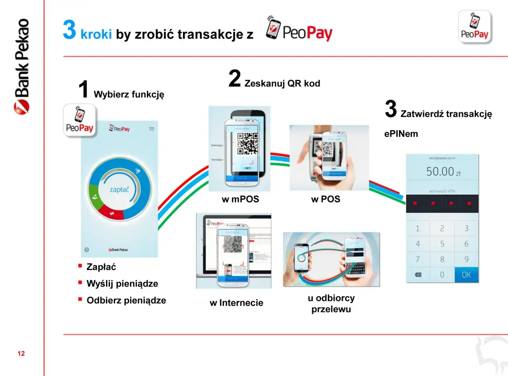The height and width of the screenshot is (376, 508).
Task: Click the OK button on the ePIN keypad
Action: tap(466, 275)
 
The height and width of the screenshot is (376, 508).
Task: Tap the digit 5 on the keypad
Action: tap(442, 244)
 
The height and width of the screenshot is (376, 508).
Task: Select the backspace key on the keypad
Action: tap(418, 275)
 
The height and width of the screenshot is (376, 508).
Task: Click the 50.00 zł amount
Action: tap(443, 172)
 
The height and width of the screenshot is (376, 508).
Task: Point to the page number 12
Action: tap(21, 353)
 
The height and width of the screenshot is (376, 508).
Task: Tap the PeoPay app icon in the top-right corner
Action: tap(475, 27)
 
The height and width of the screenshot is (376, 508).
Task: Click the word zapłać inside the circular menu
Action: tap(119, 190)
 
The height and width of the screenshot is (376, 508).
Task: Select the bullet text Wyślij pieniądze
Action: tap(122, 284)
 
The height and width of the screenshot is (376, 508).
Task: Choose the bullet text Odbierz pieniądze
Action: tap(126, 300)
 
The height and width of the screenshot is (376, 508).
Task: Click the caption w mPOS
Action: tap(240, 200)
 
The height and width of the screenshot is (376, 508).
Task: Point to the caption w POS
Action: tap(325, 200)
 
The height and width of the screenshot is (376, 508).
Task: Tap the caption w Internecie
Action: tap(236, 303)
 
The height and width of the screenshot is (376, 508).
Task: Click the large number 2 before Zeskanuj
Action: tap(235, 79)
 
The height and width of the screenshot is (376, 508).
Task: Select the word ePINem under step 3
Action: tap(401, 134)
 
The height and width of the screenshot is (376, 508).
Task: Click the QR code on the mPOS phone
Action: tap(247, 143)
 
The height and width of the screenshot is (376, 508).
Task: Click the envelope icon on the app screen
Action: tap(151, 129)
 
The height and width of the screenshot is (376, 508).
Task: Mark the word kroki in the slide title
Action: tap(96, 34)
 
